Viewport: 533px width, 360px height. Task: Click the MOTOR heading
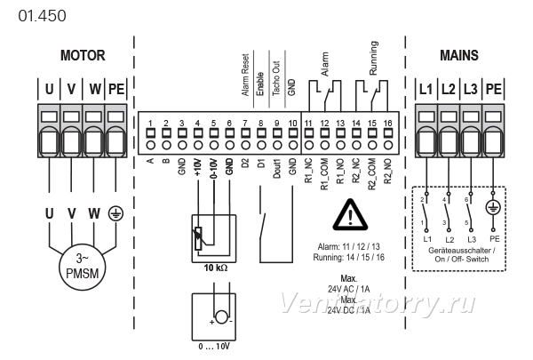(83, 55)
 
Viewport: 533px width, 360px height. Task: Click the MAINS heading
(459, 55)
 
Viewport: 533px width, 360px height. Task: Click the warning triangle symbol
(350, 215)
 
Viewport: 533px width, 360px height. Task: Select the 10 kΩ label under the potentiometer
(216, 268)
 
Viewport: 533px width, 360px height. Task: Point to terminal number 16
(388, 123)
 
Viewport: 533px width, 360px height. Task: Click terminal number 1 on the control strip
(151, 124)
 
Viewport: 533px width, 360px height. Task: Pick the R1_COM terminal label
(324, 173)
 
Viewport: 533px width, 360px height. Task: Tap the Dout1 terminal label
(277, 168)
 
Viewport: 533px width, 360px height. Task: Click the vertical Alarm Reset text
(246, 75)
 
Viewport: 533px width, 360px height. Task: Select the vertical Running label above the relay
(373, 58)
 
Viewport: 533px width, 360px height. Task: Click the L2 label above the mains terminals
(448, 89)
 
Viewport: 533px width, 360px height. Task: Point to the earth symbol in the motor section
(115, 213)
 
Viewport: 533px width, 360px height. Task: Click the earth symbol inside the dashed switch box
(493, 208)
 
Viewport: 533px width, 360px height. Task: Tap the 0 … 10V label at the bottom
(214, 347)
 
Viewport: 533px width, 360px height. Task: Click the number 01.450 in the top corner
(42, 16)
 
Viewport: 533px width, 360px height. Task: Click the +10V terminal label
(198, 167)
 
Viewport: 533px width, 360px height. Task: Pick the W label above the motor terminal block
(95, 89)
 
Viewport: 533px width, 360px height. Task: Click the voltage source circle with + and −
(221, 316)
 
